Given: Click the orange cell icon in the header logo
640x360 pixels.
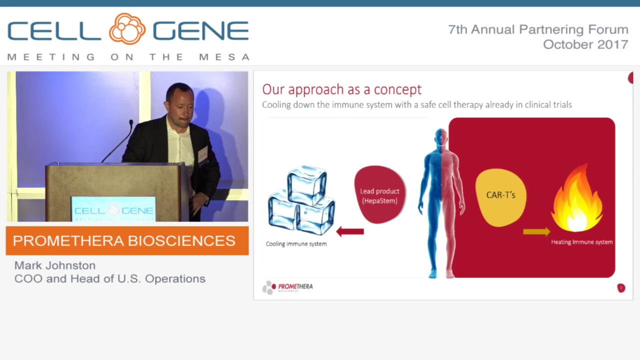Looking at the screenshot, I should click(x=127, y=29).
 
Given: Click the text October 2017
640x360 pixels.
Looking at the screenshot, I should click(x=585, y=44).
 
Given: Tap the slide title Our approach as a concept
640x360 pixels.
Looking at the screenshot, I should click(x=341, y=89).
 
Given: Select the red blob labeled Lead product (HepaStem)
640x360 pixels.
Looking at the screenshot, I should click(x=380, y=195).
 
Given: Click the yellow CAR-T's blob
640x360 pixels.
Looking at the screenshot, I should click(x=500, y=195).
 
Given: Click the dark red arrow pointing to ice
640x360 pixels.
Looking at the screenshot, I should click(x=350, y=231).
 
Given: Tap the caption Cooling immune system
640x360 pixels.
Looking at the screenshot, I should click(x=296, y=244).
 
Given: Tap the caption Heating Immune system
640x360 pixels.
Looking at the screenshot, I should click(x=581, y=242).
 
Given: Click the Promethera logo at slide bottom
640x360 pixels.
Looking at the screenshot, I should click(x=287, y=287).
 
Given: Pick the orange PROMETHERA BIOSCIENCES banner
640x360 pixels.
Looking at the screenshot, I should click(x=127, y=240).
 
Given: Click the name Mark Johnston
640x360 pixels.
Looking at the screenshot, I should click(x=54, y=265).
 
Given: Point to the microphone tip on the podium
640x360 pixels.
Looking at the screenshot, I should click(x=131, y=122).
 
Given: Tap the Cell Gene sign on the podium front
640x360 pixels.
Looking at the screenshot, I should click(x=113, y=210).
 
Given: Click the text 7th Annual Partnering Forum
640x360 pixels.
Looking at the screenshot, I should click(x=538, y=29).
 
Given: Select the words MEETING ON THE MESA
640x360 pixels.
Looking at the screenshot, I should click(x=128, y=57).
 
